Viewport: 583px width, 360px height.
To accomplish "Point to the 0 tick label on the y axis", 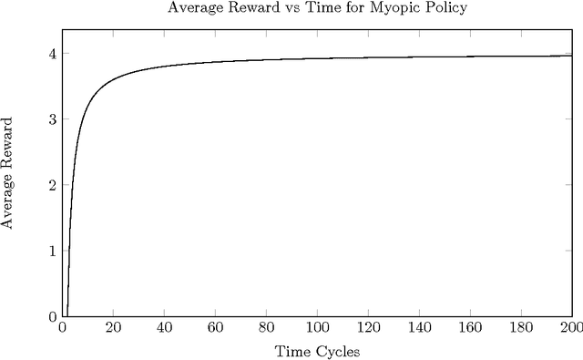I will click(52, 316).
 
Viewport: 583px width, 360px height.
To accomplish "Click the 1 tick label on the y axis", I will click(52, 251).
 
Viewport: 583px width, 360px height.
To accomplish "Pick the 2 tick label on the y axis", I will click(52, 185).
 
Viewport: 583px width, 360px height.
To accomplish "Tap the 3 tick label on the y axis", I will click(52, 119).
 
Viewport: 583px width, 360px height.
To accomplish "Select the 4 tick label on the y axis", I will click(52, 54).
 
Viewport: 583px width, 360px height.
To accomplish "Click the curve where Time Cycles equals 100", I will click(317, 59).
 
